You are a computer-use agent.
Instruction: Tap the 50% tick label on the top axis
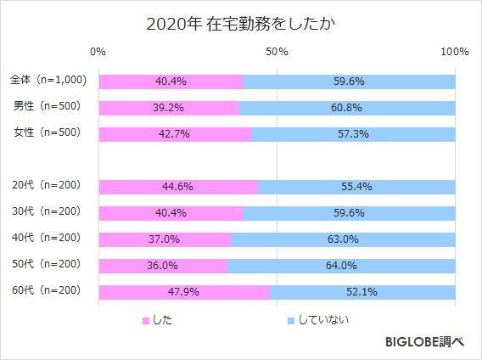[x=277, y=52]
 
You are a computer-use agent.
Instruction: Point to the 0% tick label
[x=98, y=52]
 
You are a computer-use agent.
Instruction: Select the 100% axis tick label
[x=455, y=52]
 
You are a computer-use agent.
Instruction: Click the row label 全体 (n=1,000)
[x=48, y=81]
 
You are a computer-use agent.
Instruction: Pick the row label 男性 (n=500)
[x=48, y=108]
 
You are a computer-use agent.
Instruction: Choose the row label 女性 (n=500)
[x=48, y=134]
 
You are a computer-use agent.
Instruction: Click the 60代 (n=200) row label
[x=48, y=292]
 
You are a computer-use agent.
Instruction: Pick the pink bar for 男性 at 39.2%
[x=169, y=108]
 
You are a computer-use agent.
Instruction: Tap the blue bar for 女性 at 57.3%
[x=353, y=134]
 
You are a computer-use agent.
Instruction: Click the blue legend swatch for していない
[x=290, y=321]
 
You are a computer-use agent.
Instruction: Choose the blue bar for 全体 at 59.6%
[x=350, y=82]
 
